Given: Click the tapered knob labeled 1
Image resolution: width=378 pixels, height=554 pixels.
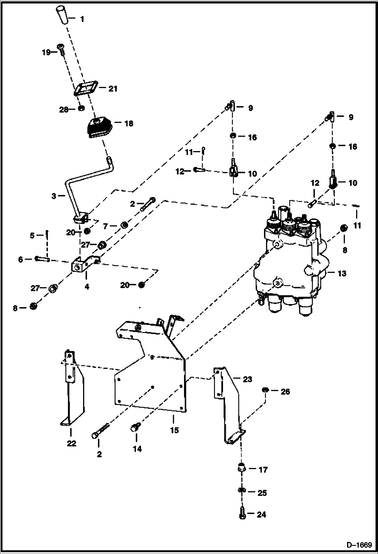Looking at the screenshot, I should coord(62,15).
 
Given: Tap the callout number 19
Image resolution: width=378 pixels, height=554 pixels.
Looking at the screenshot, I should coord(46,53).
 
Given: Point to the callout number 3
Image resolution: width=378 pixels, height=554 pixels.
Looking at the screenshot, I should coord(54,196).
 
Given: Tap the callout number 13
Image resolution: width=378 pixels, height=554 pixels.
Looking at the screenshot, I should coord(342,273).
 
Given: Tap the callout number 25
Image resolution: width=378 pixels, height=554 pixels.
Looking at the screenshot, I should coord(262,493).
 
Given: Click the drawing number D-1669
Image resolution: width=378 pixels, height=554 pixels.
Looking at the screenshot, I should coord(359,545).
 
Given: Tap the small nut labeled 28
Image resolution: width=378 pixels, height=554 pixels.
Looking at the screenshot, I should coord(81,109).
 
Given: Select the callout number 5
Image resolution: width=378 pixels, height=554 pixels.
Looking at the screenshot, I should coord(32,236).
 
